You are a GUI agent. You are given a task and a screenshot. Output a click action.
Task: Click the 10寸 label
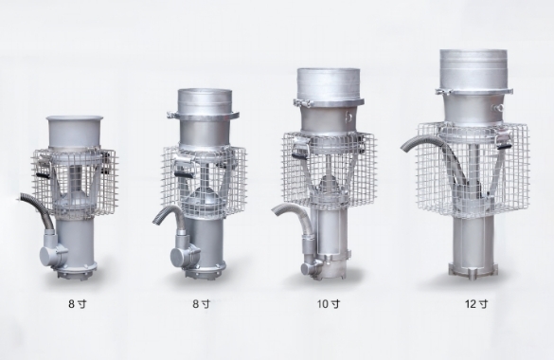(x=329, y=304)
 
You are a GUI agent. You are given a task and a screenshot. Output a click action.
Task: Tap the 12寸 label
(x=476, y=304)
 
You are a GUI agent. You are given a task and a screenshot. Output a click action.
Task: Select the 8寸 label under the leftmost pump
(x=77, y=304)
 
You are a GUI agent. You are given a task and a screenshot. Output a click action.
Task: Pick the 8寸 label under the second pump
(x=201, y=304)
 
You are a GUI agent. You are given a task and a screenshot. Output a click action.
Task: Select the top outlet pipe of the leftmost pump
(x=75, y=133)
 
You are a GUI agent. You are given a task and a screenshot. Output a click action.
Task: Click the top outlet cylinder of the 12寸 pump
(x=474, y=69)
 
